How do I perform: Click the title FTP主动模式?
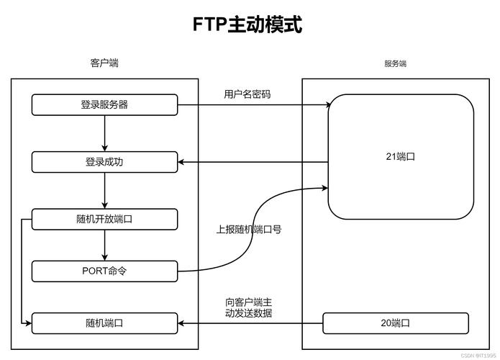coord(247,24)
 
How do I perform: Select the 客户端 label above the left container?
coord(104,63)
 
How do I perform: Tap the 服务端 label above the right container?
coord(395,63)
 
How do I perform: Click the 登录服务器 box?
coord(104,105)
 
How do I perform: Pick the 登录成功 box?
coord(104,162)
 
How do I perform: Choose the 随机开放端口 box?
coord(104,220)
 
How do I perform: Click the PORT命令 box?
coord(104,271)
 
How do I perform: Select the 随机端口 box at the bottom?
coord(104,323)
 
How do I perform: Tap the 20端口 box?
coord(395,323)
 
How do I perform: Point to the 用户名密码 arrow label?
coord(247,94)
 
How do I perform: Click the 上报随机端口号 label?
coord(248,230)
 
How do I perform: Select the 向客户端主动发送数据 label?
coord(248,307)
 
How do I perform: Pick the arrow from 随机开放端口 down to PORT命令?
coord(105,246)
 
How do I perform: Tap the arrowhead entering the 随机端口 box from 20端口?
coord(182,323)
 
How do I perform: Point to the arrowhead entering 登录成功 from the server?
coord(182,162)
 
